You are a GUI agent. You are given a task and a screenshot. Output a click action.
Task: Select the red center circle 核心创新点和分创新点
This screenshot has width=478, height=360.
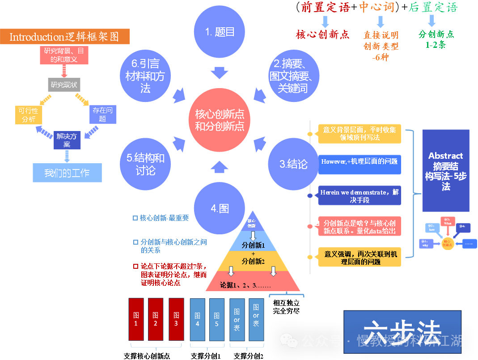(220, 120)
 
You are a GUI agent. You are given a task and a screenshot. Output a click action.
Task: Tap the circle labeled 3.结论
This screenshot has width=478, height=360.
(294, 164)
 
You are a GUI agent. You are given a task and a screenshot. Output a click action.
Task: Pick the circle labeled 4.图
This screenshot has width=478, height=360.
(220, 208)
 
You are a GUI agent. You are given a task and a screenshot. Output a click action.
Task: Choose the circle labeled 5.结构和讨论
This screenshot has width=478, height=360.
(145, 164)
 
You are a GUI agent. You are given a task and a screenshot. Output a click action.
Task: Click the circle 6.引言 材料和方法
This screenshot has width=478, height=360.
(145, 76)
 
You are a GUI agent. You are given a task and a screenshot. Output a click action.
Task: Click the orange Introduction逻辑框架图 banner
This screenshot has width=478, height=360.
(65, 37)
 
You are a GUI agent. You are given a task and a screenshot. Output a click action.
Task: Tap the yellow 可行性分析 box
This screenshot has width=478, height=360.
(29, 114)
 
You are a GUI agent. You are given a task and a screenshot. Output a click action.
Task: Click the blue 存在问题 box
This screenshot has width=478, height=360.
(103, 114)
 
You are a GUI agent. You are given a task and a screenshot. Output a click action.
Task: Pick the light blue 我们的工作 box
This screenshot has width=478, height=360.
(67, 173)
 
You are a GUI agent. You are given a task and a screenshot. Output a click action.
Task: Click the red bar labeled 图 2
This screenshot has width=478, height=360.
(155, 319)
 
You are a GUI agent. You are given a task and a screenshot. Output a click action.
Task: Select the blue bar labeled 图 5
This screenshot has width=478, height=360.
(216, 319)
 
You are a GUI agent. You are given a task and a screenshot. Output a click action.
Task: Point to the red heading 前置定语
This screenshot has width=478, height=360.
(326, 8)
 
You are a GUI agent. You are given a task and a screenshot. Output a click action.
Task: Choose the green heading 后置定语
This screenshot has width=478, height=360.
(433, 8)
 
